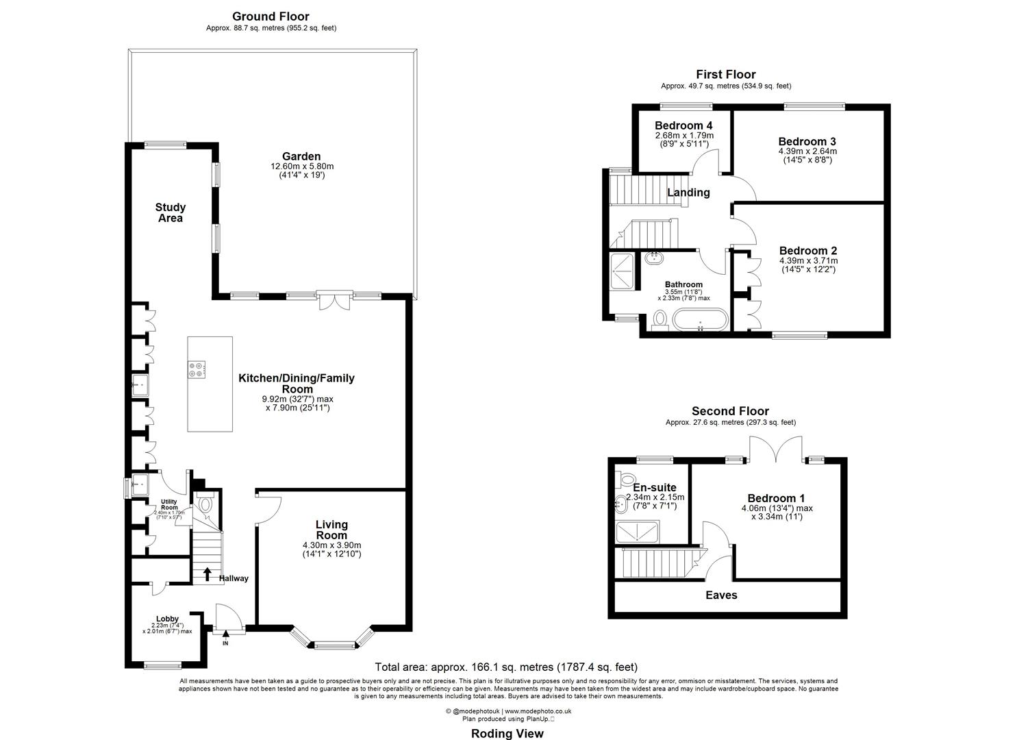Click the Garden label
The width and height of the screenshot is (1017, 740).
pyautogui.click(x=301, y=156)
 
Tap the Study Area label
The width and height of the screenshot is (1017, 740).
pyautogui.click(x=171, y=212)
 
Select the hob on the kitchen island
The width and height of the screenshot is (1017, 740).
pyautogui.click(x=197, y=369)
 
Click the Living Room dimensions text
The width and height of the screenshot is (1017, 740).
pyautogui.click(x=332, y=550)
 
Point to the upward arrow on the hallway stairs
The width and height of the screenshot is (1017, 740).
pyautogui.click(x=207, y=573)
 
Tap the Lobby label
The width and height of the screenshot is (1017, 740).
pyautogui.click(x=167, y=619)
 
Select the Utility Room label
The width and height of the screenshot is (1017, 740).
pyautogui.click(x=169, y=504)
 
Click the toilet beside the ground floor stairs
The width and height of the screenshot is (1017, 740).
pyautogui.click(x=205, y=504)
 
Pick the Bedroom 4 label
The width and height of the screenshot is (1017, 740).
pyautogui.click(x=683, y=125)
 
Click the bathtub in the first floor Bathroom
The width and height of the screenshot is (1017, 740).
pyautogui.click(x=700, y=320)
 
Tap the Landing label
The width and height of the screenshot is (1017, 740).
pyautogui.click(x=688, y=192)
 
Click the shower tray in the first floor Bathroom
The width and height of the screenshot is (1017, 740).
pyautogui.click(x=623, y=271)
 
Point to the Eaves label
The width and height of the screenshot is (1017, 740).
pyautogui.click(x=721, y=595)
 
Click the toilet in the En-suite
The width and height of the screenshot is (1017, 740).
pyautogui.click(x=626, y=478)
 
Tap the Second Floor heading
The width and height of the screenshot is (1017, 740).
pyautogui.click(x=730, y=411)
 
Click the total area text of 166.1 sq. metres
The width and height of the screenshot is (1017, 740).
pyautogui.click(x=506, y=667)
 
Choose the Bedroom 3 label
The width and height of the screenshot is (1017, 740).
pyautogui.click(x=807, y=142)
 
